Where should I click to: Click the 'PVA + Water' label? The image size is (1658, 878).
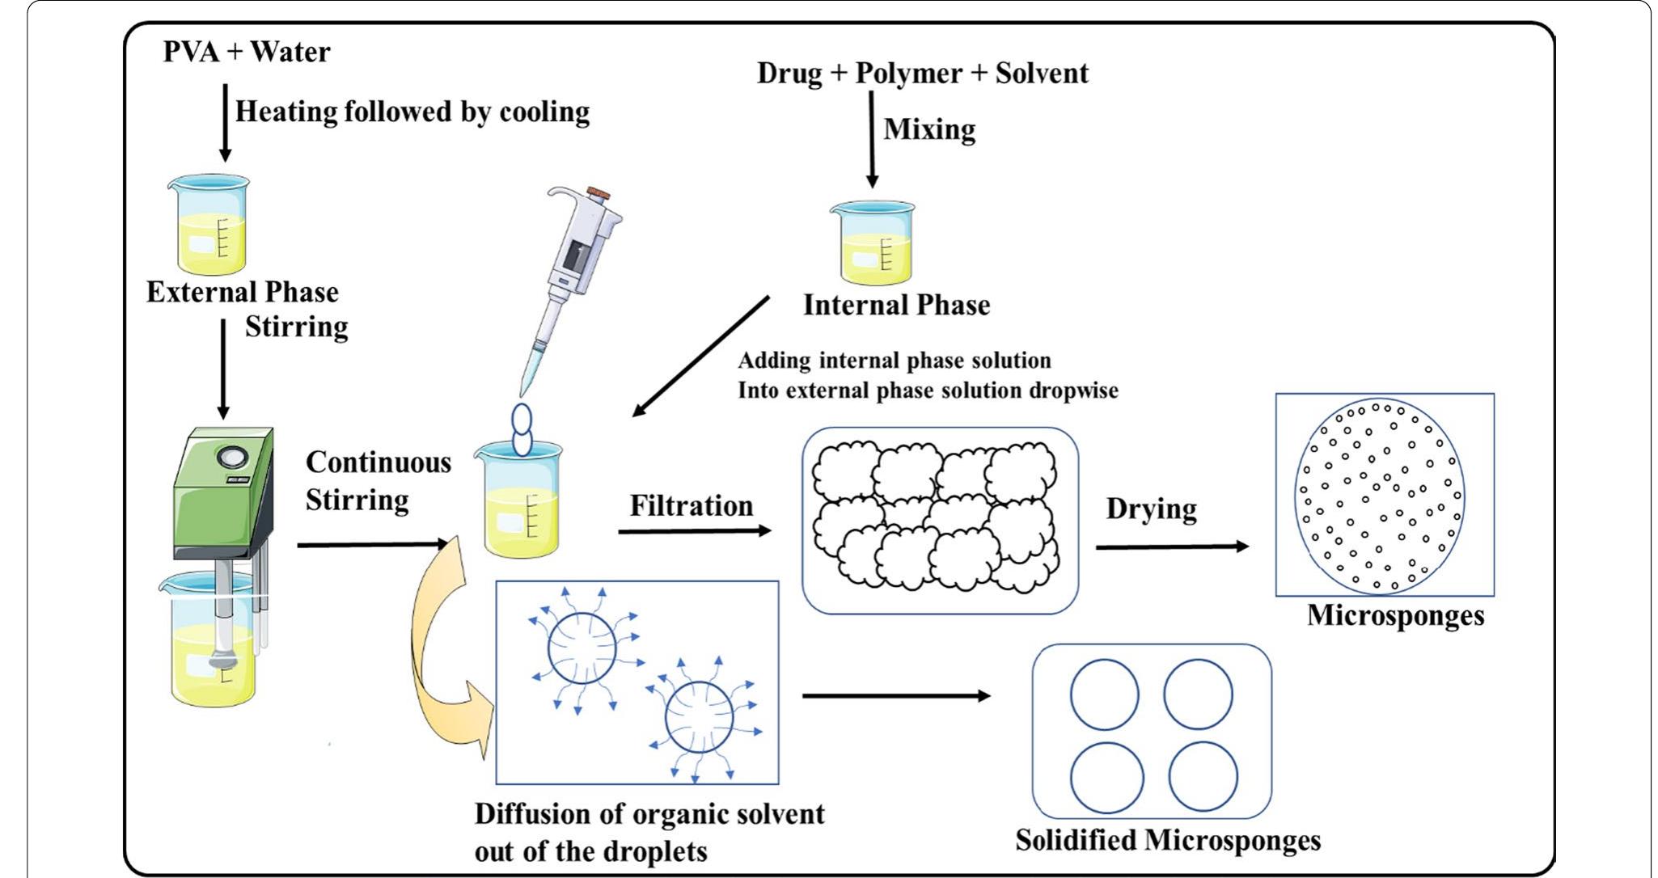(247, 53)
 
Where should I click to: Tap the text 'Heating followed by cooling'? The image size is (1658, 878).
(412, 112)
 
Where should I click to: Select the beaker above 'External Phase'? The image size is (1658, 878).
(209, 226)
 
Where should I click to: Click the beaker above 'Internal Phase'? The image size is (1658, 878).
(873, 243)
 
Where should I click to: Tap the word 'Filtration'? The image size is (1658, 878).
(691, 506)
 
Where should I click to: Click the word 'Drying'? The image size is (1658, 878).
(1151, 509)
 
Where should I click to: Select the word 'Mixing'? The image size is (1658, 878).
(929, 129)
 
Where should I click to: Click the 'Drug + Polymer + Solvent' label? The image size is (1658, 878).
(922, 74)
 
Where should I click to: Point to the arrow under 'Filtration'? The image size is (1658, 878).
(694, 531)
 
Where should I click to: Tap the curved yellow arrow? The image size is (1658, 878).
(437, 647)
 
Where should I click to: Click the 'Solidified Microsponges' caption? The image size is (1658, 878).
(1168, 841)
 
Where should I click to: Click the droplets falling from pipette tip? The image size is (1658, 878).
(522, 430)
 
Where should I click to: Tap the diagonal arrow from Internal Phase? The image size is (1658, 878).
(700, 357)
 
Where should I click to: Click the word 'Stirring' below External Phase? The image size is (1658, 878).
(296, 327)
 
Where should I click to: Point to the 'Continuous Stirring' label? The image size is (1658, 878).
(377, 481)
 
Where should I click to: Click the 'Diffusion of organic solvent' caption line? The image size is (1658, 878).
(649, 814)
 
